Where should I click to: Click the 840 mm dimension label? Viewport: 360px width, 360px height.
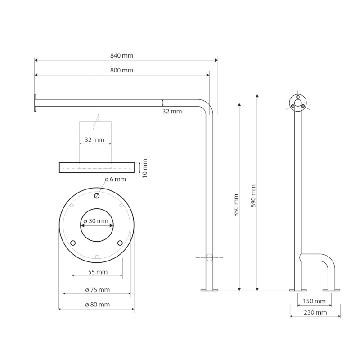[121, 56]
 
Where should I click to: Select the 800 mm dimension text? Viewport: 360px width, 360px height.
[121, 71]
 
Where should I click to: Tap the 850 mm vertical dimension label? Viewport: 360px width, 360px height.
[236, 205]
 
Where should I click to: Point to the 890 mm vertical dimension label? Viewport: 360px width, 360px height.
[254, 196]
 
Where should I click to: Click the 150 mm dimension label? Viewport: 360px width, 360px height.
[314, 301]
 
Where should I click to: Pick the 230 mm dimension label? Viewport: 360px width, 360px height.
[315, 312]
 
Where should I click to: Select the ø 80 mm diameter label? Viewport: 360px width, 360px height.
[97, 305]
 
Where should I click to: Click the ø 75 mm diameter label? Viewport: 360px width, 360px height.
[97, 290]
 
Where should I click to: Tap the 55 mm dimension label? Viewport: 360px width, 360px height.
[97, 272]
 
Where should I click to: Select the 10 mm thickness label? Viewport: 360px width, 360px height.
[145, 167]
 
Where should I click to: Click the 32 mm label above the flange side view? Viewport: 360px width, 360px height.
[94, 140]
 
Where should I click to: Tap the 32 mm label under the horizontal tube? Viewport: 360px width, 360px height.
[172, 111]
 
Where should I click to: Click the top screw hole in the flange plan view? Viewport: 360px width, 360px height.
[97, 196]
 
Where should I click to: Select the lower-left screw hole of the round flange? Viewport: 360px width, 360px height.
[72, 243]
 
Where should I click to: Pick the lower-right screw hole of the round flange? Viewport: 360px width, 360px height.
[120, 243]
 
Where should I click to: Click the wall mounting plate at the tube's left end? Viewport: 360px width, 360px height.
[34, 103]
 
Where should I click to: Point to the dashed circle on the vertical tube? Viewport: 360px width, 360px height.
[209, 257]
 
